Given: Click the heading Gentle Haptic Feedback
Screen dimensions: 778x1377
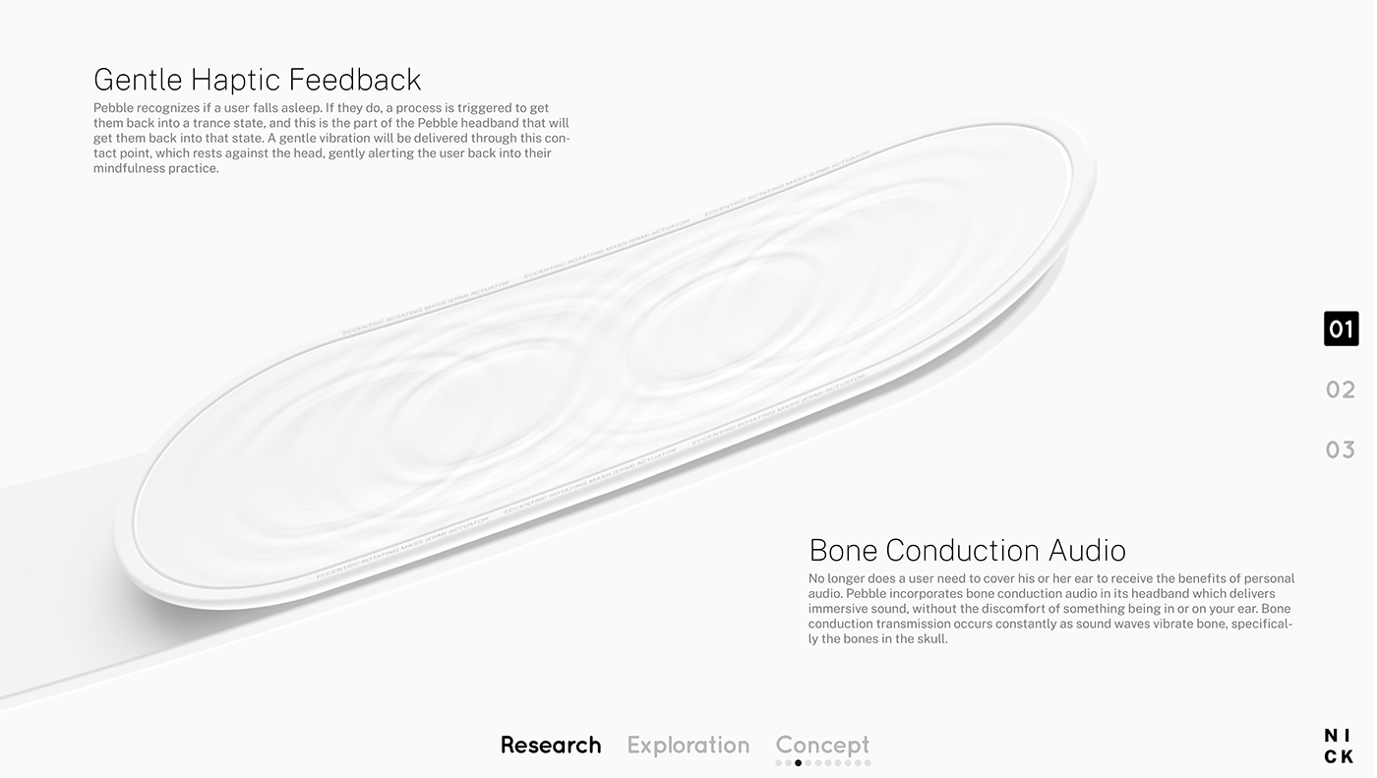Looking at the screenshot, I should [x=257, y=80].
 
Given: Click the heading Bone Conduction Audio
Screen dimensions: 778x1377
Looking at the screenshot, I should [x=967, y=550].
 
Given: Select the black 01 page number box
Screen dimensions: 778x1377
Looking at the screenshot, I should [x=1341, y=329].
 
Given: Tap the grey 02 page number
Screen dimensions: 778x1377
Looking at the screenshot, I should [x=1341, y=389].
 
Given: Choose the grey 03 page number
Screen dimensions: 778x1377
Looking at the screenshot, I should [x=1341, y=449].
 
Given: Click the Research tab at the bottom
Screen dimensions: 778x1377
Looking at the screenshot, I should [x=550, y=745].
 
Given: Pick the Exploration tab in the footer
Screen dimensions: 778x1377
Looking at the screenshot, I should [x=688, y=745].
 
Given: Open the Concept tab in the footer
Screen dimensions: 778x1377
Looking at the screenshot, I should [x=822, y=745].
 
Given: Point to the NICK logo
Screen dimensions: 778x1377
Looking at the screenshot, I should [x=1338, y=747].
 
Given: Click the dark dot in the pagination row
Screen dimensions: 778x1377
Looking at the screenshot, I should [x=799, y=763].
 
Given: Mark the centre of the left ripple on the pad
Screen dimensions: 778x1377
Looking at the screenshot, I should [x=462, y=413].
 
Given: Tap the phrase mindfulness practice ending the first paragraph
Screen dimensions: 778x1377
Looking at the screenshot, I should [x=155, y=168].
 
